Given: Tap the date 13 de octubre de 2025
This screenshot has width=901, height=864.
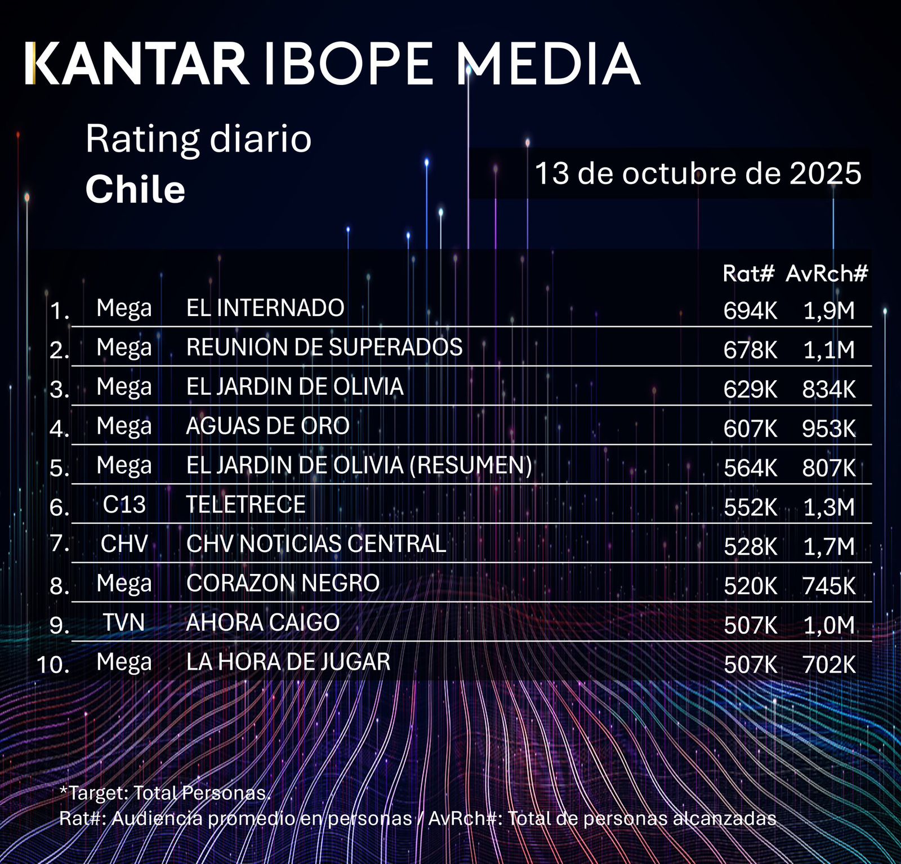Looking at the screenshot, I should pos(698,173).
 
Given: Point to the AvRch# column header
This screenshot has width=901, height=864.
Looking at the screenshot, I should pos(827,274).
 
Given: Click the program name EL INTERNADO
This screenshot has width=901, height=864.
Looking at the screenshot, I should pos(265,308).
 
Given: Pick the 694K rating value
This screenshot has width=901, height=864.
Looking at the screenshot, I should pos(750,311).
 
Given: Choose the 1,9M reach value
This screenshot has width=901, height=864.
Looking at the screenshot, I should pos(829,311).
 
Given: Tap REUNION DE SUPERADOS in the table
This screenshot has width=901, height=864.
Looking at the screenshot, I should pos(324,348).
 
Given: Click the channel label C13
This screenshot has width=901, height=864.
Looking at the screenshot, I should pos(124,505).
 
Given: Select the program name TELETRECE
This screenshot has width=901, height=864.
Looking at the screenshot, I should pos(246,505).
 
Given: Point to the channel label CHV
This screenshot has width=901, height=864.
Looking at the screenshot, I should pos(124,544).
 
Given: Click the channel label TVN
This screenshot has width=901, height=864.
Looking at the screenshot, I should pos(124,623).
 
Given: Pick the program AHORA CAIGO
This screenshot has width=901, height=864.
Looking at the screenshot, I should pos(263,623).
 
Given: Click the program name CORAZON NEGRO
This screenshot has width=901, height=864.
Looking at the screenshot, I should pos(283,584).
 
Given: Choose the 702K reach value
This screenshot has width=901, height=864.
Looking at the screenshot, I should pos(829,665).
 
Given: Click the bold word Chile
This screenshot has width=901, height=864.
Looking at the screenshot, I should pos(135,189).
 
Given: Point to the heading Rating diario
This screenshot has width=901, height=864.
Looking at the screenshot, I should pos(198,139).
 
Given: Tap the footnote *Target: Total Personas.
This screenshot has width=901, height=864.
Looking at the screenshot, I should pos(165,793).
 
